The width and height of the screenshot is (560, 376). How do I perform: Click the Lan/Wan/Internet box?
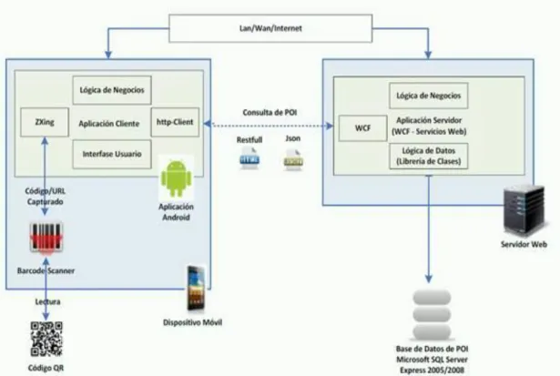[270, 28]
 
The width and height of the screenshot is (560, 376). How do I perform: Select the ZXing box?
[45, 122]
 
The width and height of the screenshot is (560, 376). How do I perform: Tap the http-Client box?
[175, 122]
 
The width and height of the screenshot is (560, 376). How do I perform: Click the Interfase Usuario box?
[112, 154]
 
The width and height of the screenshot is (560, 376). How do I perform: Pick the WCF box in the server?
[362, 128]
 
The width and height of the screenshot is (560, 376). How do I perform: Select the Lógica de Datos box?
[429, 156]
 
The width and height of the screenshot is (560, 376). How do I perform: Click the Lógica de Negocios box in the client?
[112, 90]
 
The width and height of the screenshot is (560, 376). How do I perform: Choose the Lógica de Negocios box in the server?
[429, 96]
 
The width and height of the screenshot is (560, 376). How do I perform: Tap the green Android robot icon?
[177, 178]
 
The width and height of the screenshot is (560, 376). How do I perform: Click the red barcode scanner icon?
[46, 238]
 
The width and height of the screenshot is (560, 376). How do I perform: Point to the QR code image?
[46, 339]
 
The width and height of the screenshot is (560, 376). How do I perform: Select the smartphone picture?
[196, 288]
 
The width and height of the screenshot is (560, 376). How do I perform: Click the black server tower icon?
[524, 210]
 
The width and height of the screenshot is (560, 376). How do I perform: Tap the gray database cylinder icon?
[432, 315]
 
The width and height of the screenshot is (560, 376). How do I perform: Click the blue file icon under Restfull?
[249, 158]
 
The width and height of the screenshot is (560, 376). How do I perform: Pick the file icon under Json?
[293, 159]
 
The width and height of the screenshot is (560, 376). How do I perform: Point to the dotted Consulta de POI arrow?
[269, 125]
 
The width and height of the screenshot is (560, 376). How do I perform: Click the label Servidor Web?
[524, 245]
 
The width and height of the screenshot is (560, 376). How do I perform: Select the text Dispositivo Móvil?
[192, 322]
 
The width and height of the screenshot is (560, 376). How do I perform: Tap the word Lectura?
[47, 301]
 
